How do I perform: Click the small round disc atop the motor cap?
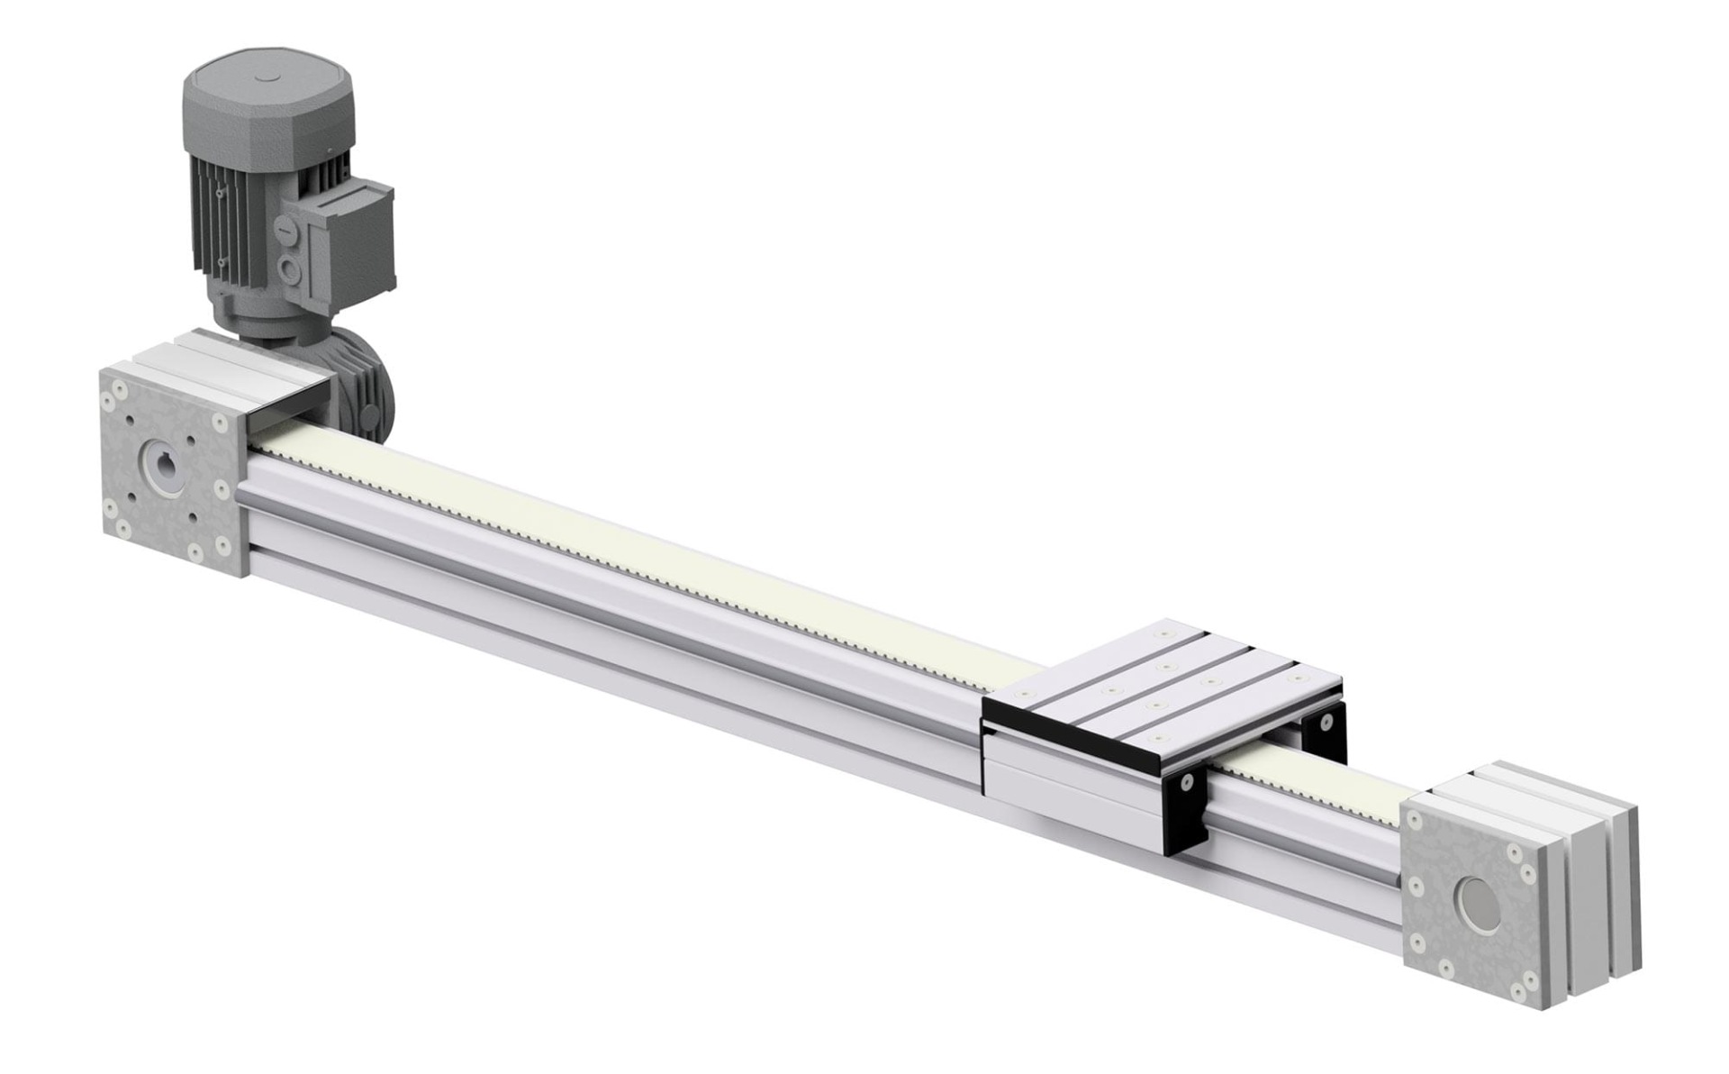tap(269, 78)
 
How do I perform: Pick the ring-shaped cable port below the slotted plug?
tap(288, 268)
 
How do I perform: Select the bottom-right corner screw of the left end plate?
tap(221, 546)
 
